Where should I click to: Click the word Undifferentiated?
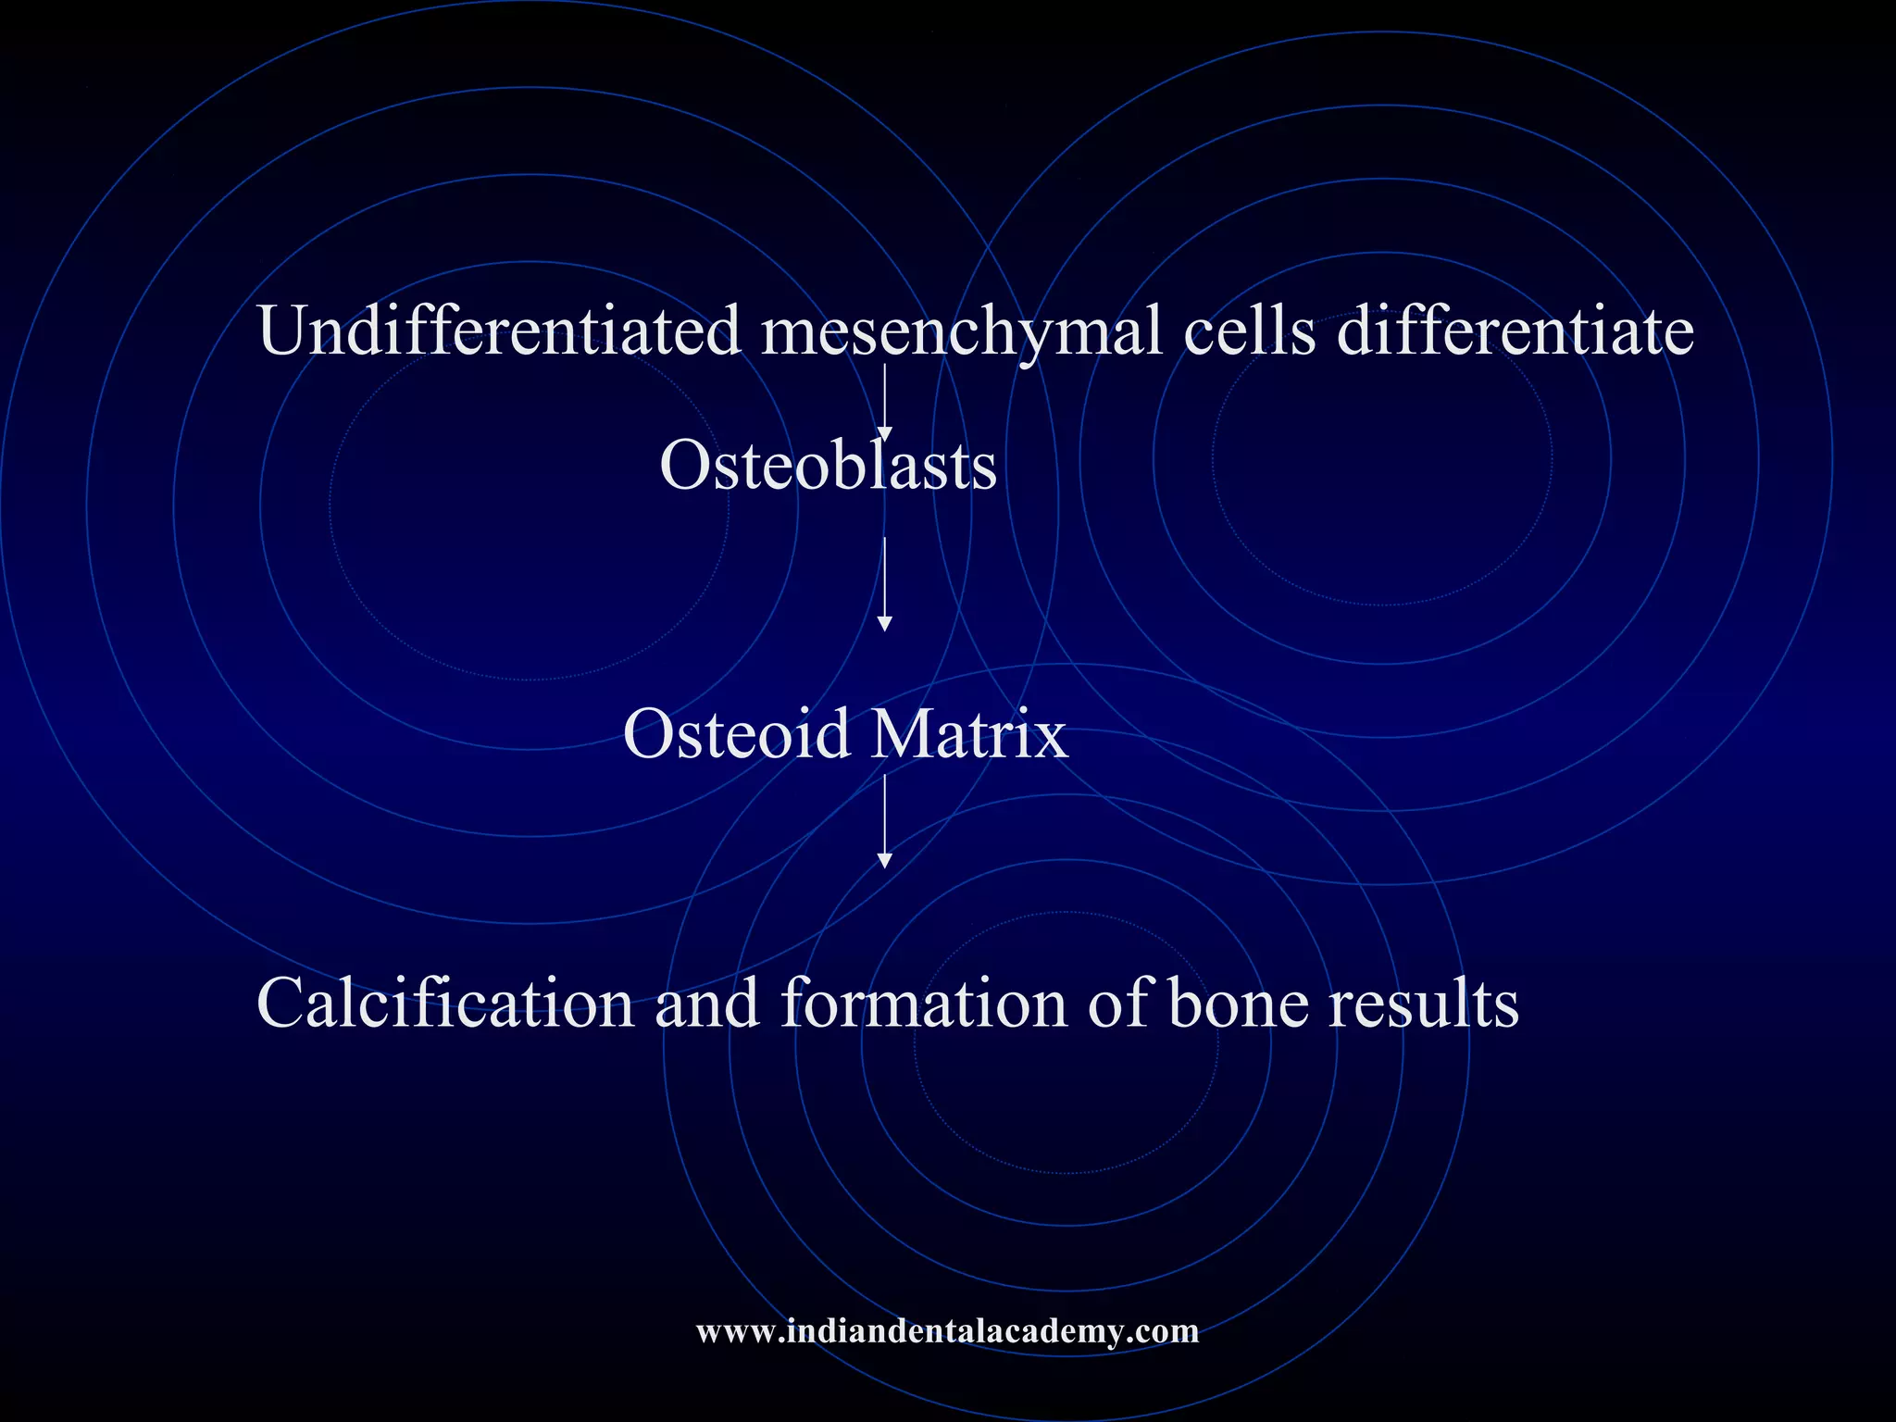tap(500, 331)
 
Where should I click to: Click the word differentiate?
tap(1516, 331)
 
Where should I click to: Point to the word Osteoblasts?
tap(829, 466)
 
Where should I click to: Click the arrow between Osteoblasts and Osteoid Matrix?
tap(884, 583)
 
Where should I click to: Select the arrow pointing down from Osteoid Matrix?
tap(884, 820)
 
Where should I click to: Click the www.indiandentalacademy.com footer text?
tap(947, 1331)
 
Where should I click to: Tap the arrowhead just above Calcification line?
tap(884, 861)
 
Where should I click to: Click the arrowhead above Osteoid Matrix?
tap(884, 624)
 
